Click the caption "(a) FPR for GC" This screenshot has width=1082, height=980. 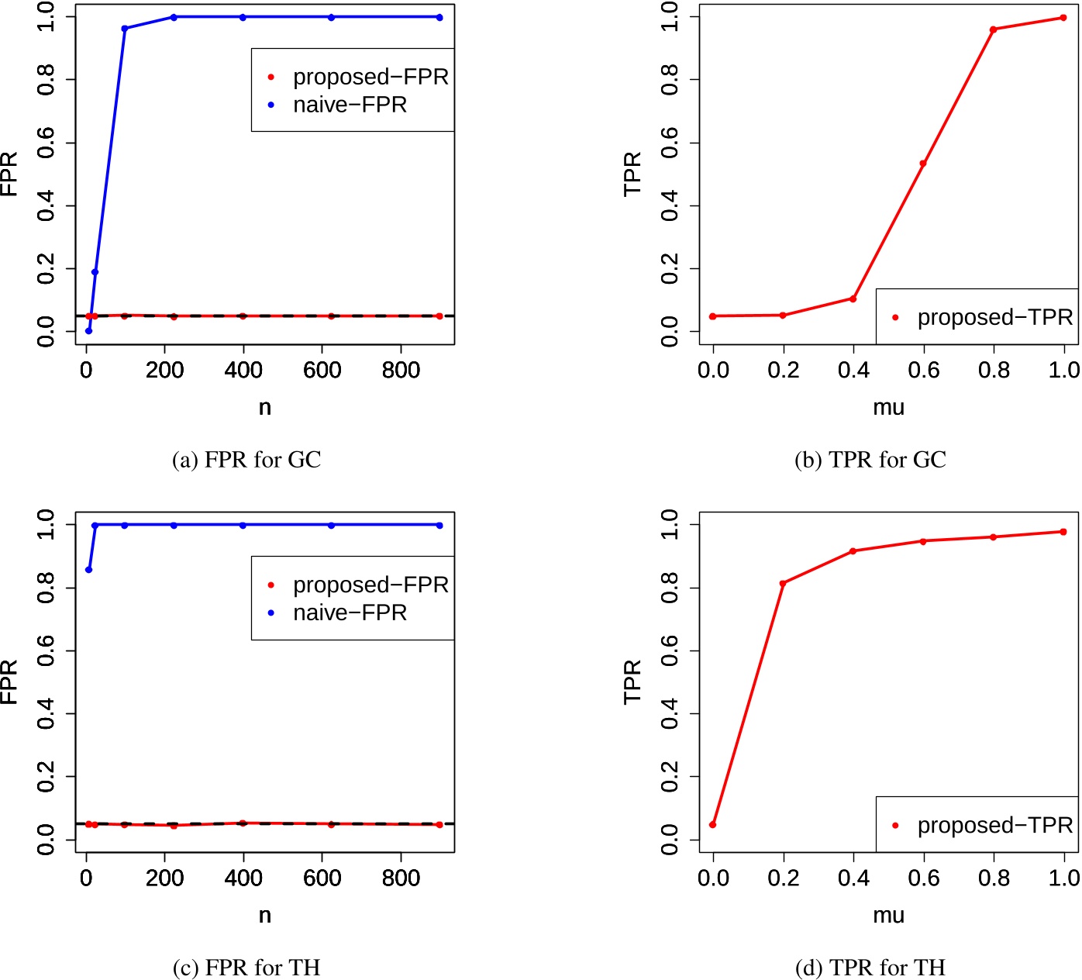coord(246,460)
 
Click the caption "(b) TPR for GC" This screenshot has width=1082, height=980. coord(870,460)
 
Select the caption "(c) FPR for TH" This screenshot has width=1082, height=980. coord(246,968)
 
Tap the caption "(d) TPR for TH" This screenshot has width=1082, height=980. coord(870,968)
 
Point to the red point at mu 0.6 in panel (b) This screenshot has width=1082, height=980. coord(923,164)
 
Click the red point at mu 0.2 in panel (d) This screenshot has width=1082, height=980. coord(783,583)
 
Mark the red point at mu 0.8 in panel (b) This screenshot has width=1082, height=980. coord(993,29)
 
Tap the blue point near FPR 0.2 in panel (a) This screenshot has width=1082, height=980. coord(95,272)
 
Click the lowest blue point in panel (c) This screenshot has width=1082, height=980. coord(88,570)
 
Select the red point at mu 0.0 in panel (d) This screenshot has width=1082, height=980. coord(713,824)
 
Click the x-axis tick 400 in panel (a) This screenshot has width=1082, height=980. coord(243,371)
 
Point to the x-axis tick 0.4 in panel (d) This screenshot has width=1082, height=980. coord(853,878)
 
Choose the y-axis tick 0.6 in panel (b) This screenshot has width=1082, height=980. coord(670,143)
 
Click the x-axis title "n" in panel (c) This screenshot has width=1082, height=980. coord(265,915)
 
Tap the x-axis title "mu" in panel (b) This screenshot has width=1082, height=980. coord(888,408)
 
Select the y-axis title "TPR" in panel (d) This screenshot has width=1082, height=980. coord(633,682)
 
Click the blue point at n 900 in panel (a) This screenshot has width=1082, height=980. coord(439,17)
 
